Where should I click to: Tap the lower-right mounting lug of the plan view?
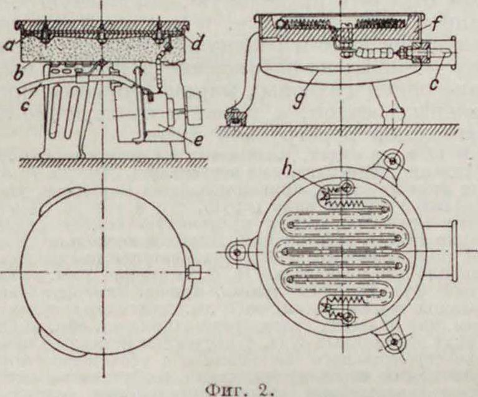tap(392, 341)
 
